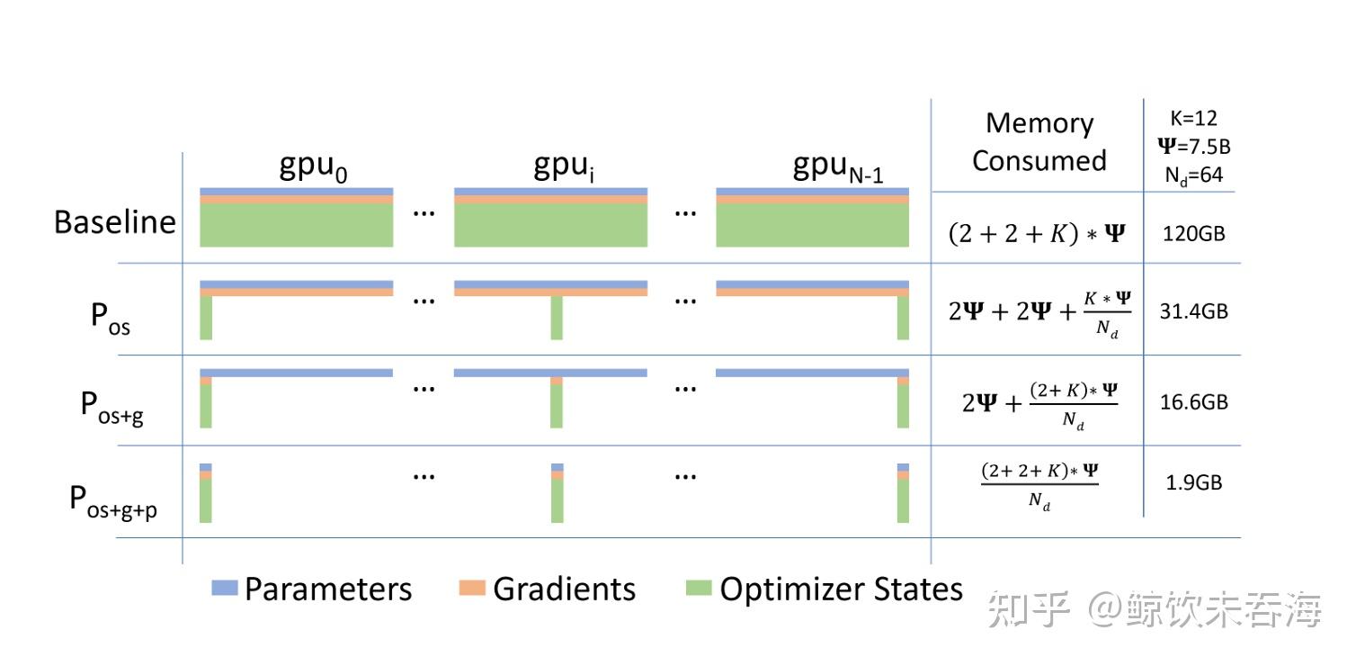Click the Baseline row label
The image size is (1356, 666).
pos(115,221)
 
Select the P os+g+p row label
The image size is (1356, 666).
pos(113,502)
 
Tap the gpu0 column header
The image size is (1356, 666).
pos(313,166)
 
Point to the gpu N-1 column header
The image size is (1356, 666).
pos(838,166)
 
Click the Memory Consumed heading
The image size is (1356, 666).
pos(1039,142)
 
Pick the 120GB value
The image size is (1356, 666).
pos(1193,234)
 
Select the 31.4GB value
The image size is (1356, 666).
pos(1194,311)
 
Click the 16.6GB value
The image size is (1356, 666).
pos(1194,402)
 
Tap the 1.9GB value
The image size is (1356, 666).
pos(1194,483)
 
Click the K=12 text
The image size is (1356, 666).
pos(1193,118)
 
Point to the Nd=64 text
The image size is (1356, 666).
pos(1194,175)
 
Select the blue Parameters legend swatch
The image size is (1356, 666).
pos(225,588)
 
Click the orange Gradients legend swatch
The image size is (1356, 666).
pos(472,588)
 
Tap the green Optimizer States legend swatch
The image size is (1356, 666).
pos(699,588)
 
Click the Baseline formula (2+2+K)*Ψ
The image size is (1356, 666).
pos(1037,234)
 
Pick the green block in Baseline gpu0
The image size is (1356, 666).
pos(297,225)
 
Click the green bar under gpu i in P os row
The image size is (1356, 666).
pos(557,318)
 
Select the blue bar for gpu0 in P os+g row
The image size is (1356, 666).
pos(297,373)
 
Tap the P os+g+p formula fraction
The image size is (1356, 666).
pos(1039,487)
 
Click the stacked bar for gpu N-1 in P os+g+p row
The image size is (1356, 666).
pos(903,492)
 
